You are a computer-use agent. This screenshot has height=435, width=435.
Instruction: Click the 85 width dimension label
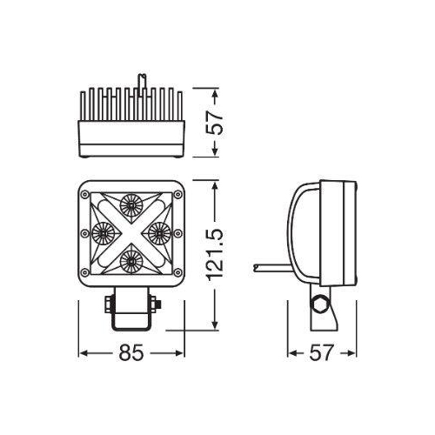131,353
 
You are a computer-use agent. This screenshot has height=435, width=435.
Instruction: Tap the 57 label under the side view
322,353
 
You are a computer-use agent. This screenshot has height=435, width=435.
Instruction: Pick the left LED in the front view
103,231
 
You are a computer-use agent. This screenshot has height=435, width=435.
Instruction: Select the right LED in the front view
159,231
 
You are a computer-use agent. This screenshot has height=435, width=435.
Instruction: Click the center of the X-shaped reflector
131,231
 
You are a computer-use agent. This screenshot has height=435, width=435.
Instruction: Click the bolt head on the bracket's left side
107,304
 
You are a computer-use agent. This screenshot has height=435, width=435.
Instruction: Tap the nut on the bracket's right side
156,304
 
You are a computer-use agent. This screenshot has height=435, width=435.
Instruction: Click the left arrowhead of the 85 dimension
84,353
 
